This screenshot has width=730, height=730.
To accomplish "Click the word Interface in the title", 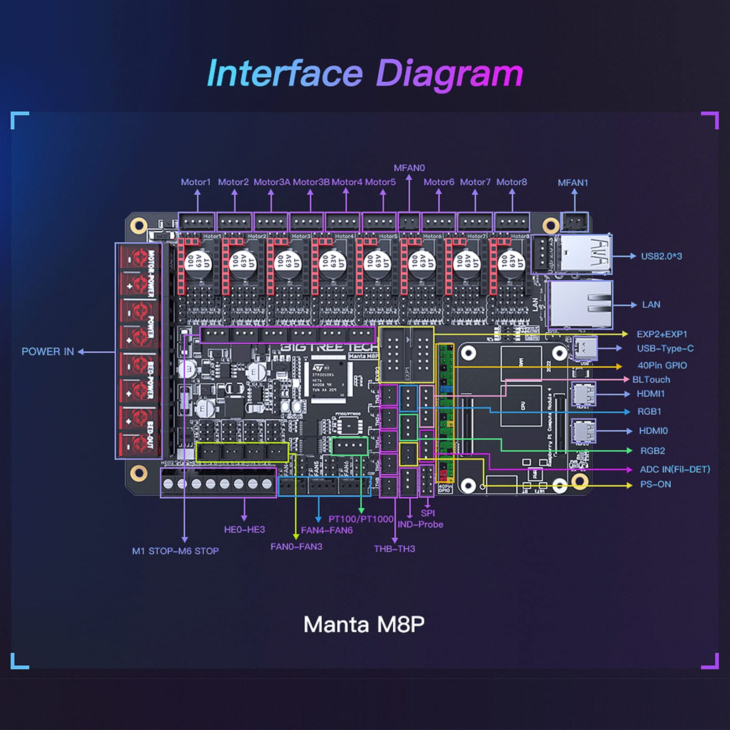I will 285,74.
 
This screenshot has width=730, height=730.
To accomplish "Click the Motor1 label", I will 196,182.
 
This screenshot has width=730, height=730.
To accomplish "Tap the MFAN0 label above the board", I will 409,168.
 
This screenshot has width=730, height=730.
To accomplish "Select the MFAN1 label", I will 573,182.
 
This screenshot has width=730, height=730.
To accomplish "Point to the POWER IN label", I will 47,352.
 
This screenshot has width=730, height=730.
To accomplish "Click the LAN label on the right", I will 651,305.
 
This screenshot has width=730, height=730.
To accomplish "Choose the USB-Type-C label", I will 665,349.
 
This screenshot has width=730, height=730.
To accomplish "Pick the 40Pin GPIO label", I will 662,365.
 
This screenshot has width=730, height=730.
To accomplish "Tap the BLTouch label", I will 651,380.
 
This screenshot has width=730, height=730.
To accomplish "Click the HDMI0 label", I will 653,431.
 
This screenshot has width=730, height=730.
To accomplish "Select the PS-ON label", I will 655,484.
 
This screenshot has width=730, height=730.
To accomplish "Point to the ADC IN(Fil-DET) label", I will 675,469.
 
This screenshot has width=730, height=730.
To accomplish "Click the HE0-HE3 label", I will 244,529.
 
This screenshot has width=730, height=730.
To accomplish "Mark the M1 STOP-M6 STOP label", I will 175,551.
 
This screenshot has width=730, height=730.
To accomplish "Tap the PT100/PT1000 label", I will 360,519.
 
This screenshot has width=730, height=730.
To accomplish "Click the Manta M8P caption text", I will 364,624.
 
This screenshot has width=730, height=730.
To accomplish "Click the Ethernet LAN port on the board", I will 579,304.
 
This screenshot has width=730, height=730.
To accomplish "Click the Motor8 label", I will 511,182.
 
